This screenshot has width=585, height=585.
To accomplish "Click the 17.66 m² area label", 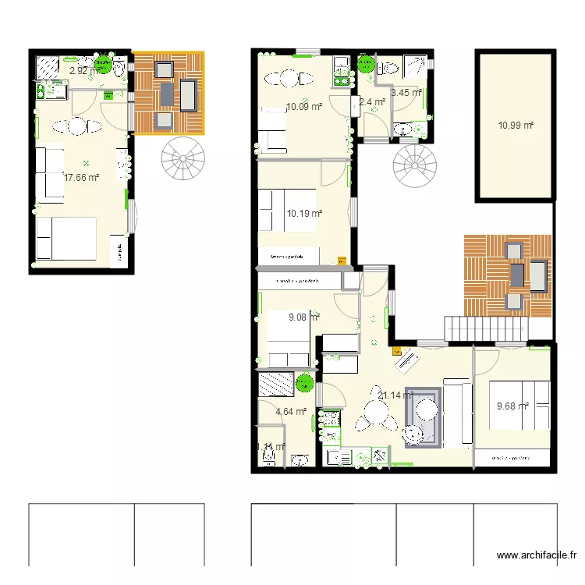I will (82, 178).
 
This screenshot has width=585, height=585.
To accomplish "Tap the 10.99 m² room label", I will (516, 126).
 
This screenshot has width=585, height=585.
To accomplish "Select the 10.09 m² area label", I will (305, 108).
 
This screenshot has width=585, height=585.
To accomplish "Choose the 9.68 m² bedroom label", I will (512, 406).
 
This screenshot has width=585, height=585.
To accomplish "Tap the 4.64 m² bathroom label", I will (291, 412).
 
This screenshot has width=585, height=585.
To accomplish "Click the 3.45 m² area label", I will (406, 93).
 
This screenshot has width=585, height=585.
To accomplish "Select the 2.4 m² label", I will (372, 101).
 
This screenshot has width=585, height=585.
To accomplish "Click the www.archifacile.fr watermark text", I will (537, 556).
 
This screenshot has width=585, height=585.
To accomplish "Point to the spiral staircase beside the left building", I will (184, 160).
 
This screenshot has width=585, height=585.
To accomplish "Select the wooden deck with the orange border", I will (168, 92).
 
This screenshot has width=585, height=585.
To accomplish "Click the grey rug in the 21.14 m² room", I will (423, 417).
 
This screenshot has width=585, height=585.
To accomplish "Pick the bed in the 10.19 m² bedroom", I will (289, 211).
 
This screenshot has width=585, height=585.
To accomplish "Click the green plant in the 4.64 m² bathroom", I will (303, 383).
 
